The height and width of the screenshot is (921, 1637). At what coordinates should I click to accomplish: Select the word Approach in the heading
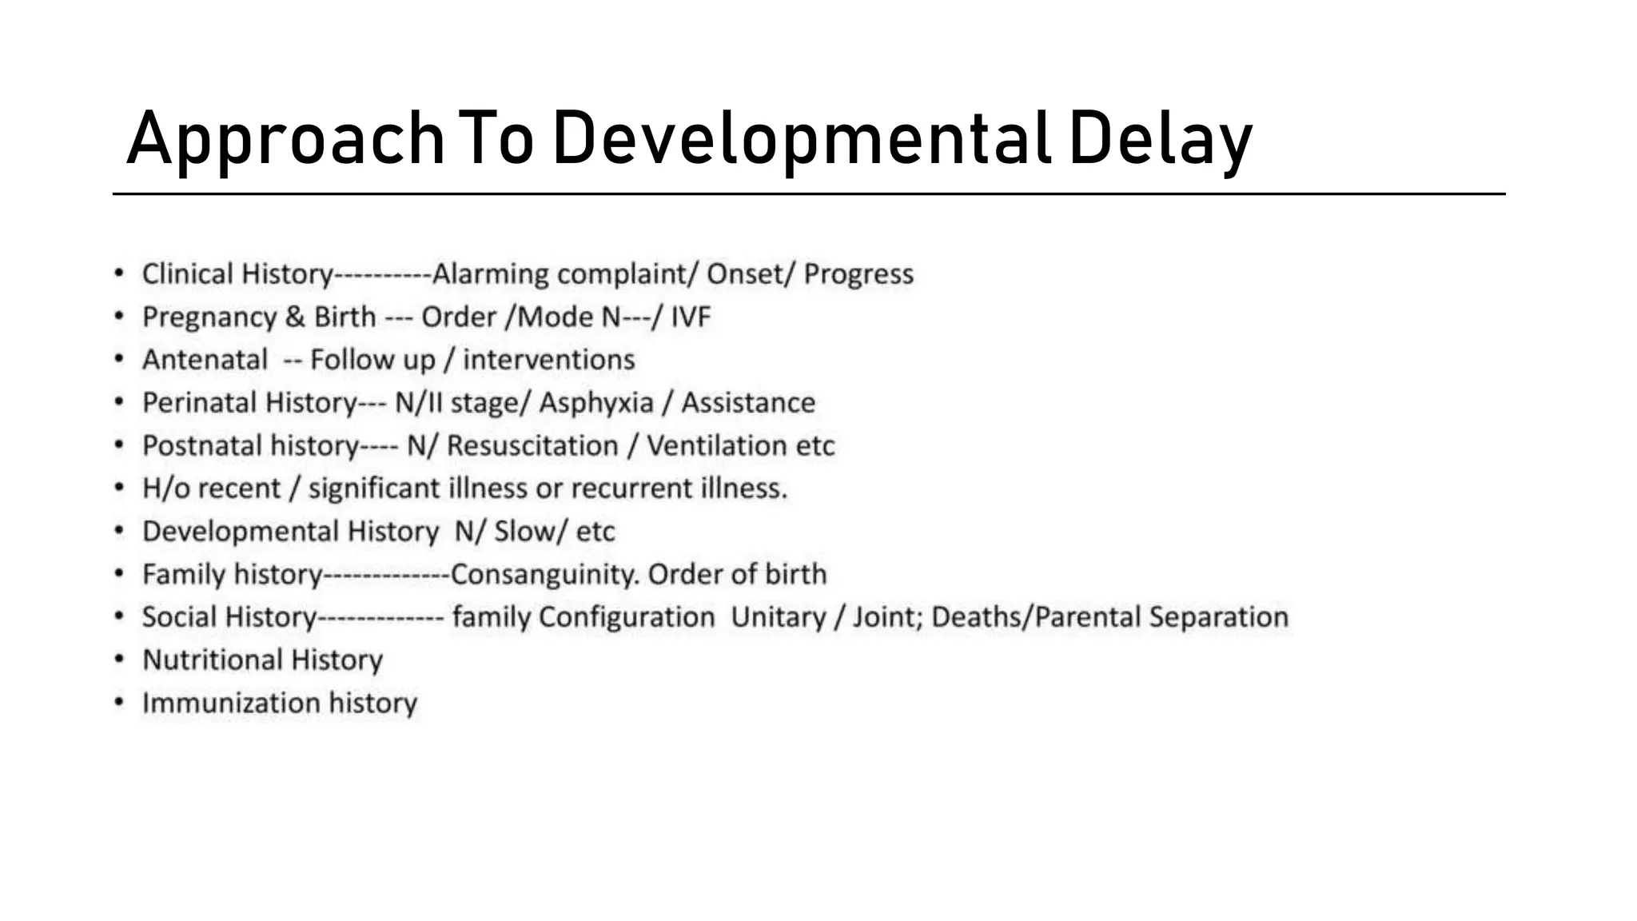[285, 139]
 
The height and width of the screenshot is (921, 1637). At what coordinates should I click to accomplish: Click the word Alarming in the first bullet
[490, 274]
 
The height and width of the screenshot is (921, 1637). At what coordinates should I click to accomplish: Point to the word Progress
[858, 274]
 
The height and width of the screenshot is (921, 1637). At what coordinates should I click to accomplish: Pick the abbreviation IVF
[691, 317]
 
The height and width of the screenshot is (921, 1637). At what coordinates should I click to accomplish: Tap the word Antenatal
[205, 360]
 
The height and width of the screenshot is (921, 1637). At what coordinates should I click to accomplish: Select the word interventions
[549, 360]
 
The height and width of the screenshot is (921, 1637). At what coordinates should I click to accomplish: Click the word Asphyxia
[596, 403]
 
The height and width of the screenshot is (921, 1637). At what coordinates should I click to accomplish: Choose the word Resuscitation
[532, 446]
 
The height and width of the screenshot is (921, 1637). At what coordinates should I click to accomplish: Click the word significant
[374, 488]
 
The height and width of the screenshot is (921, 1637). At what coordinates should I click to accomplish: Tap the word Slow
[524, 532]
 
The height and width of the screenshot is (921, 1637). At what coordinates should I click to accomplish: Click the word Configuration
[627, 617]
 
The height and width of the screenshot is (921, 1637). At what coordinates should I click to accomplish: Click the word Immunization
[231, 704]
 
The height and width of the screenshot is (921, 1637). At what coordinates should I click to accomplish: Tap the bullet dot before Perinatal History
[119, 401]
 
